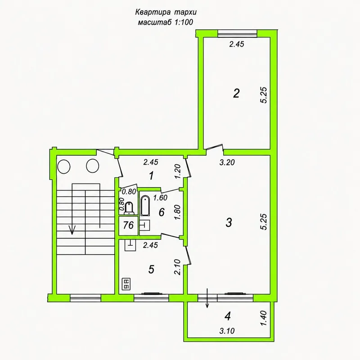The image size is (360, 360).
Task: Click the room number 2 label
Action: [x=236, y=93]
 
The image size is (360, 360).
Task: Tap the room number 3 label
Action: [x=229, y=222]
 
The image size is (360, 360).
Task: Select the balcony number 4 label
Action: [x=228, y=316]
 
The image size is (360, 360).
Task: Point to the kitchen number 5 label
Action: [x=151, y=269]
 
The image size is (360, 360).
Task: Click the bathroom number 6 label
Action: [x=162, y=212]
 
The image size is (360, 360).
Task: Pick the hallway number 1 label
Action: [x=151, y=176]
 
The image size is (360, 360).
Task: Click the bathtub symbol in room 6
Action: [x=145, y=206]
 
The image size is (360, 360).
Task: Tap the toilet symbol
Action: [x=129, y=208]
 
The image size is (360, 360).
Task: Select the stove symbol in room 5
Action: [x=126, y=284]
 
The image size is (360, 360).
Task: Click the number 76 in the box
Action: [x=128, y=225]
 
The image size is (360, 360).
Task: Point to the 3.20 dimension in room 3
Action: [x=227, y=162]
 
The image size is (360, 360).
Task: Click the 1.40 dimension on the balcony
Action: [x=264, y=318]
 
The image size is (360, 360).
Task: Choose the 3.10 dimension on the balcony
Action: [x=227, y=331]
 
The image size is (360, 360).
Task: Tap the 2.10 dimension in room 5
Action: [x=177, y=267]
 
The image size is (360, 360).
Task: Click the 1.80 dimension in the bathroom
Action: [x=178, y=212]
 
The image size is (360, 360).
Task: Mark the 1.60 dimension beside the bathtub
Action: [x=160, y=198]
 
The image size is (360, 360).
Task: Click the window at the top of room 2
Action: [x=237, y=33]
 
